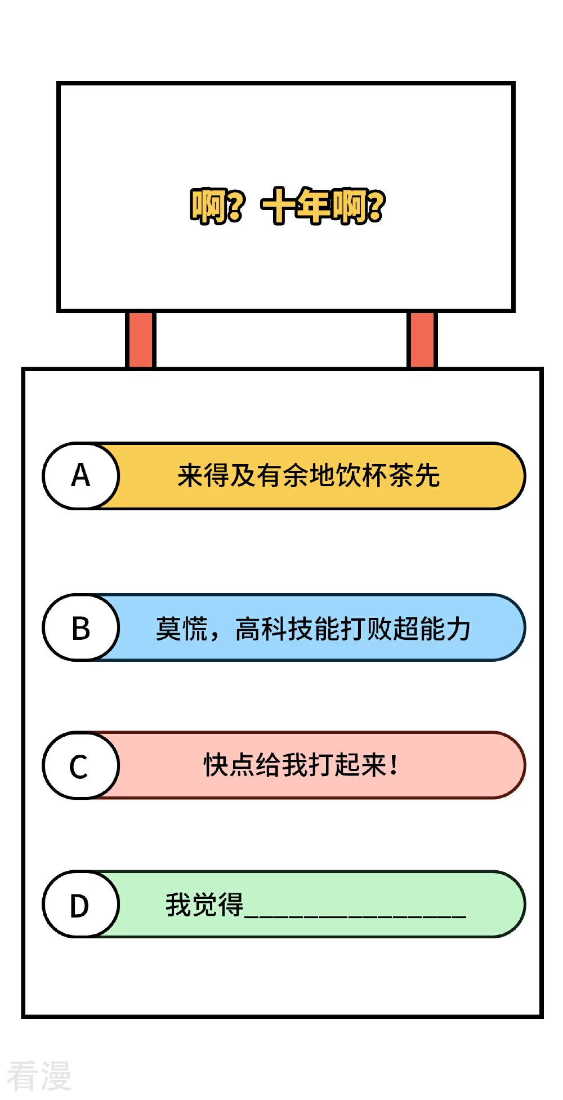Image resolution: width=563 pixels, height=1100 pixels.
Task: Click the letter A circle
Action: coord(81,476)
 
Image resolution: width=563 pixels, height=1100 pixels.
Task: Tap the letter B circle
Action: coord(81,627)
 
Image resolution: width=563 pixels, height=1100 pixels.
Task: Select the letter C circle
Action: coord(81,765)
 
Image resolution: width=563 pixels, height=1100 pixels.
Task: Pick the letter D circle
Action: coord(81,905)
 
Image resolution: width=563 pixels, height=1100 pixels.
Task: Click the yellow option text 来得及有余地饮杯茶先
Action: coord(309,475)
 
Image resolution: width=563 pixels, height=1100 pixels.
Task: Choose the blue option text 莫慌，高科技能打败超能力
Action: coord(313,629)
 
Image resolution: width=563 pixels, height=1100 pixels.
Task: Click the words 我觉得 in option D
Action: coord(204,905)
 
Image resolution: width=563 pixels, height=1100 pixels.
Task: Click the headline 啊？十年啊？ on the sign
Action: coord(288,206)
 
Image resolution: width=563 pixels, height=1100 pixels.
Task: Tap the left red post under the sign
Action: coord(140,340)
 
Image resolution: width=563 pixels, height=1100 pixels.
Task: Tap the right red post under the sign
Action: coord(422,340)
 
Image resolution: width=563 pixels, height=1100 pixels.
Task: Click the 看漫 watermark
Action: coord(39,1075)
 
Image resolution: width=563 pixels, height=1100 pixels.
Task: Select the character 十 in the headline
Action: coord(279,206)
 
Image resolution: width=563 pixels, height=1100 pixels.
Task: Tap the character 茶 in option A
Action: coord(401,475)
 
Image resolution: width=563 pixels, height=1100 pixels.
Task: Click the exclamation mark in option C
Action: coord(394,765)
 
